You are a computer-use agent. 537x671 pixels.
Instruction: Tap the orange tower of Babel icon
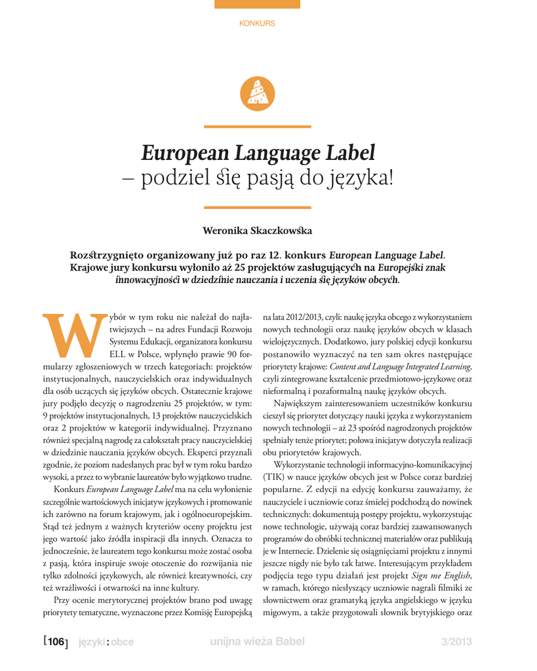pos(258,93)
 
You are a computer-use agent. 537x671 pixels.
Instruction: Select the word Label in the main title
pos(351,153)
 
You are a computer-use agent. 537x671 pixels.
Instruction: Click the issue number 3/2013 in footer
pos(456,642)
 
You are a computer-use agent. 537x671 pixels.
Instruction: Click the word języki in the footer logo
pos(91,643)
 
